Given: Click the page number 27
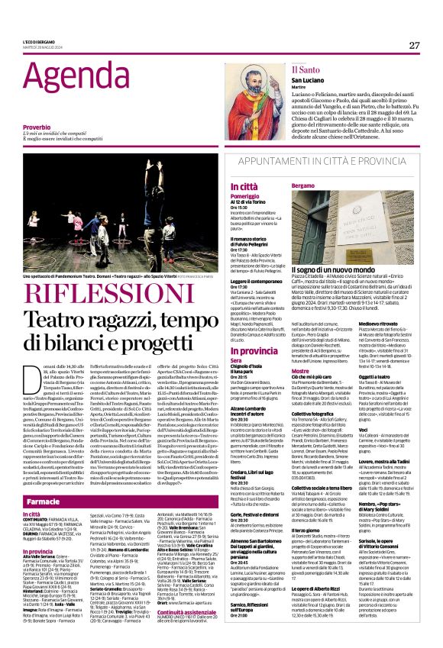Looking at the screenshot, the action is tap(414, 45).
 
